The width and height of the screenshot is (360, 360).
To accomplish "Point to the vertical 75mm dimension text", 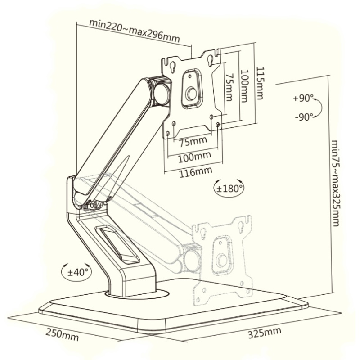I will [229, 87].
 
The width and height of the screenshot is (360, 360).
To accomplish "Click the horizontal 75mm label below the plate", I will [193, 141].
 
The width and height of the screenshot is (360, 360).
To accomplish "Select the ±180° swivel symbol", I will [229, 188].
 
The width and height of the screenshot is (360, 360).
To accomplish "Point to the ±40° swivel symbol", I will [76, 271].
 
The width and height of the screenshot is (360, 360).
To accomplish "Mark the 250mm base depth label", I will [62, 335].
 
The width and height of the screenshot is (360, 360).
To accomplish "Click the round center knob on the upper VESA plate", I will [191, 94].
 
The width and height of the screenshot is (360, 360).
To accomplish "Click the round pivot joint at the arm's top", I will [161, 92].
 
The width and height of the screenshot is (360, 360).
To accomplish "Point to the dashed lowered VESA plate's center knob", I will [222, 261].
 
